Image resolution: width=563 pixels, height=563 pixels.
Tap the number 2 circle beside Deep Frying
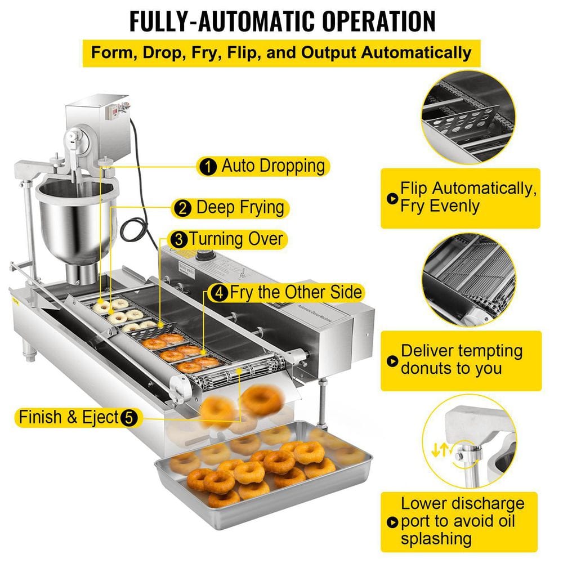(182, 208)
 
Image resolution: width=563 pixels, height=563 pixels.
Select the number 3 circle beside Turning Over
(179, 239)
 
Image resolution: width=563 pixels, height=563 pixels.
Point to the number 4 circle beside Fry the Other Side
(218, 293)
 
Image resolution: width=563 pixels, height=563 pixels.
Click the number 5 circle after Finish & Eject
(128, 418)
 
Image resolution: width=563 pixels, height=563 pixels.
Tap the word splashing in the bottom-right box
(436, 538)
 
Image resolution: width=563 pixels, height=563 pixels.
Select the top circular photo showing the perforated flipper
(469, 114)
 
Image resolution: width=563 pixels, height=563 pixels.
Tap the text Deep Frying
(239, 208)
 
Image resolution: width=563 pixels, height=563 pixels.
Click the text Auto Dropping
(272, 166)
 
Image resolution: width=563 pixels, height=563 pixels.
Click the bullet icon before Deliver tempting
(391, 360)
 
